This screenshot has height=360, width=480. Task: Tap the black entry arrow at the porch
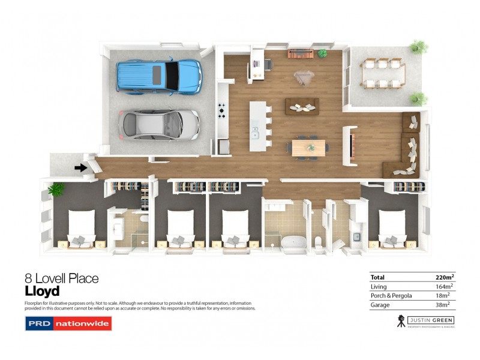(80, 168)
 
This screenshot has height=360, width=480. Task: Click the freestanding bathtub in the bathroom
(293, 244)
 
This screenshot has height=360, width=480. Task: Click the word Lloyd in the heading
(42, 292)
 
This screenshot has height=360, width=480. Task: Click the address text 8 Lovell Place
(61, 278)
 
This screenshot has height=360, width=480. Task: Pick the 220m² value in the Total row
(444, 277)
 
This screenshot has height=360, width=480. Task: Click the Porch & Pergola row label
(391, 296)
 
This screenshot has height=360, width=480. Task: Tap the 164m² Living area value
(445, 287)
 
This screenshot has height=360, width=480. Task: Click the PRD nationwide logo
(68, 324)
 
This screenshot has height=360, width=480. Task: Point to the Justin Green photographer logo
(426, 321)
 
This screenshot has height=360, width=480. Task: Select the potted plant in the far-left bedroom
(56, 190)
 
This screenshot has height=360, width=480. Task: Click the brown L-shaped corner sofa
(410, 147)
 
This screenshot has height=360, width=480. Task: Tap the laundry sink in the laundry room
(356, 237)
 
